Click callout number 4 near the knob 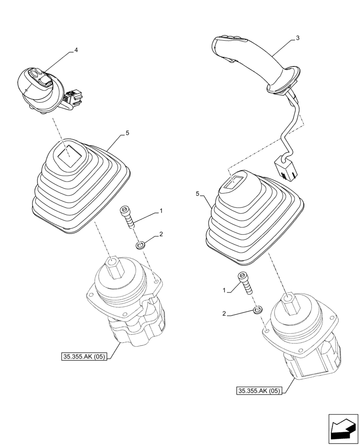(76, 50)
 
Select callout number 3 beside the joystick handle (297, 38)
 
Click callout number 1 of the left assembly (161, 210)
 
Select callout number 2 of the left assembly (161, 234)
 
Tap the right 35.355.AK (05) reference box (259, 391)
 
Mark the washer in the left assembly (140, 244)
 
